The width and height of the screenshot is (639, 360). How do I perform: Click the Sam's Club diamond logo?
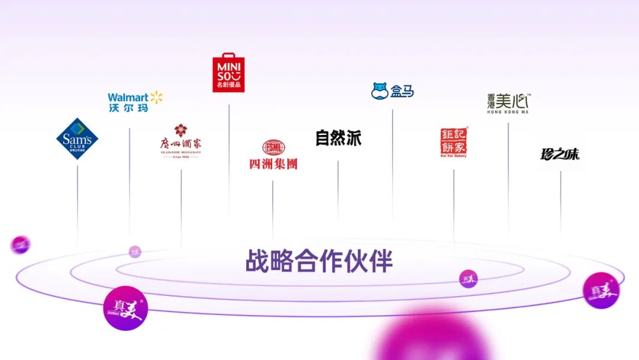(77, 139)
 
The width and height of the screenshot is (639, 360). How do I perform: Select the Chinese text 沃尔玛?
(127, 108)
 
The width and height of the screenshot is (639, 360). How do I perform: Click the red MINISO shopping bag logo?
(229, 73)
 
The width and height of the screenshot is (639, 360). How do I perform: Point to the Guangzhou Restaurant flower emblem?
(181, 130)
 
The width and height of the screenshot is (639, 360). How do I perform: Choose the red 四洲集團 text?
(273, 163)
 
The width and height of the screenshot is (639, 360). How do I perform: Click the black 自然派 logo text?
(338, 138)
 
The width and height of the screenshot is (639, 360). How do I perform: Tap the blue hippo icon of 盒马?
(380, 91)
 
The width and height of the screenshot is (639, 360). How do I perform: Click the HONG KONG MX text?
(508, 112)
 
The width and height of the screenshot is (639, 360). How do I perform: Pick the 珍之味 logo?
(560, 155)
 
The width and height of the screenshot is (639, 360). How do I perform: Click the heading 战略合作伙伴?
(319, 261)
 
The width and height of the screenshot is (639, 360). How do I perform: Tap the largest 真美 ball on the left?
(125, 308)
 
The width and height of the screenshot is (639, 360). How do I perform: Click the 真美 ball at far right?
(601, 290)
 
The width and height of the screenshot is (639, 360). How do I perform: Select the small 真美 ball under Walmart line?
(135, 251)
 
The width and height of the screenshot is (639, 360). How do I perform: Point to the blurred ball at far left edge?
(21, 244)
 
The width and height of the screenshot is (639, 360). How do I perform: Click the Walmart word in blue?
(128, 97)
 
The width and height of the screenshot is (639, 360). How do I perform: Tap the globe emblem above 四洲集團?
(273, 148)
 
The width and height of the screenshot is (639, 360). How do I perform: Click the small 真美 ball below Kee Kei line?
(469, 278)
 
